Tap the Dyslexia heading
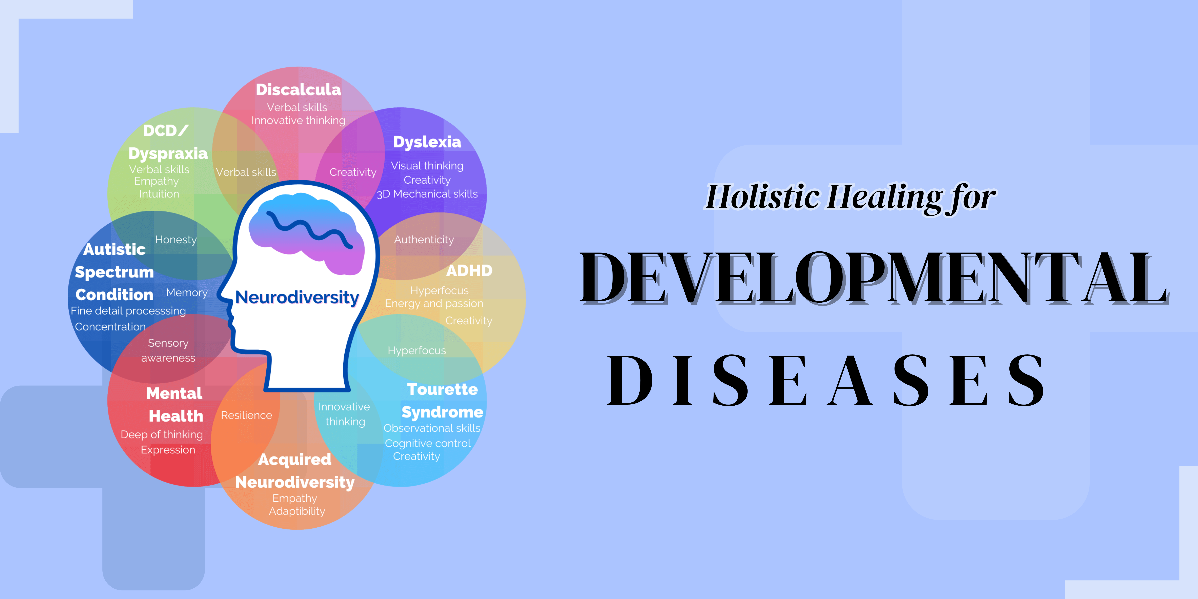427,142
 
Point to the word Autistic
114,249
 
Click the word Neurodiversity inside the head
297,297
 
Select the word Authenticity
424,240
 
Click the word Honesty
176,240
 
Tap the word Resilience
246,415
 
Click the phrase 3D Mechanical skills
427,194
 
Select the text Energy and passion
434,303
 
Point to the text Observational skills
432,428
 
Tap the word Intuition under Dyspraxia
159,194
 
